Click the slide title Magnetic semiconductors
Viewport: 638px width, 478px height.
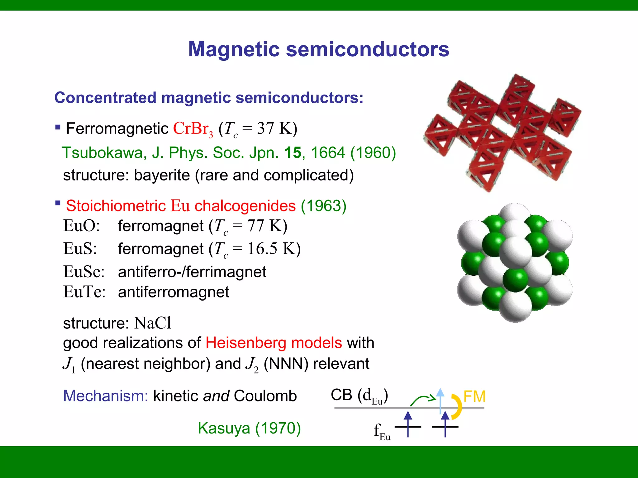click(319, 49)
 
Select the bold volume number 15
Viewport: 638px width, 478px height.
click(293, 153)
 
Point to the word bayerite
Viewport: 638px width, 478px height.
click(162, 175)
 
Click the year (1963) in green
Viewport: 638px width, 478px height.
click(323, 206)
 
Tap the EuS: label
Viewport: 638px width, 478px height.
click(80, 249)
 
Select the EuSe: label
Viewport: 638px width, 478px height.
click(84, 272)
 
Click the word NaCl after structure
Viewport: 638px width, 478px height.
click(153, 323)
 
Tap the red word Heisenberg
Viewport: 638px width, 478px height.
click(245, 343)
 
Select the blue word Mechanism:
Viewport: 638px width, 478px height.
click(106, 396)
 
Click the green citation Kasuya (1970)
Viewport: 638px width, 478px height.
click(249, 428)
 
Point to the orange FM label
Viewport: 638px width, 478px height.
click(474, 396)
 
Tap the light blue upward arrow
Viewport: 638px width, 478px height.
click(440, 400)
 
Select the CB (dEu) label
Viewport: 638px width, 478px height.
click(359, 396)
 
